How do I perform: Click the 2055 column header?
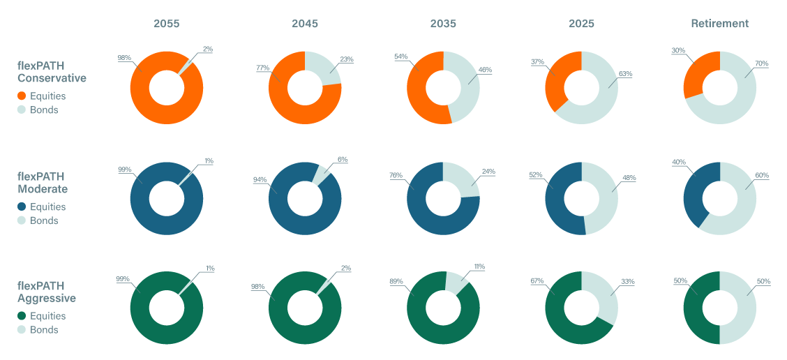167,24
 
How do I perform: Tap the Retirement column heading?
719,24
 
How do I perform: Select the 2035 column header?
443,24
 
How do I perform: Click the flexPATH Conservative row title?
52,71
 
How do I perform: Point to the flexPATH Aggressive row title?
46,292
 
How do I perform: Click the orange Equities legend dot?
22,96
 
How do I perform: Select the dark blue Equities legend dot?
22,207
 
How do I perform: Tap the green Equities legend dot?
22,316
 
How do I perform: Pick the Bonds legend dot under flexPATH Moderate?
22,220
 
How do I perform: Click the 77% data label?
262,68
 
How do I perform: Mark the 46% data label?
485,69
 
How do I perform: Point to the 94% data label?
260,179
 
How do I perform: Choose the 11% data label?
479,267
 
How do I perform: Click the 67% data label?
537,280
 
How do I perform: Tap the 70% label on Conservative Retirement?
761,63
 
